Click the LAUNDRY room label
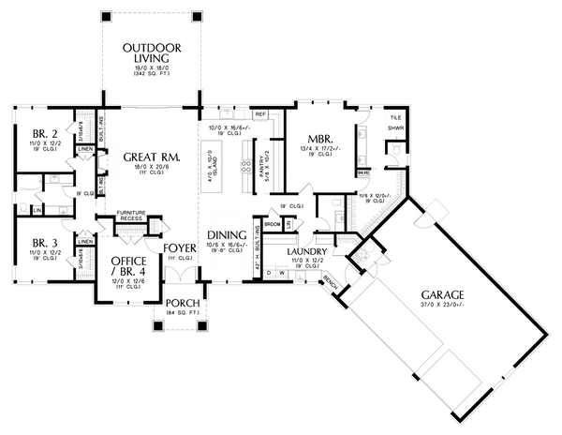click(306, 253)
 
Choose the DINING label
click(228, 235)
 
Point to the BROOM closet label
click(273, 225)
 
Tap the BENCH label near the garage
click(329, 282)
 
